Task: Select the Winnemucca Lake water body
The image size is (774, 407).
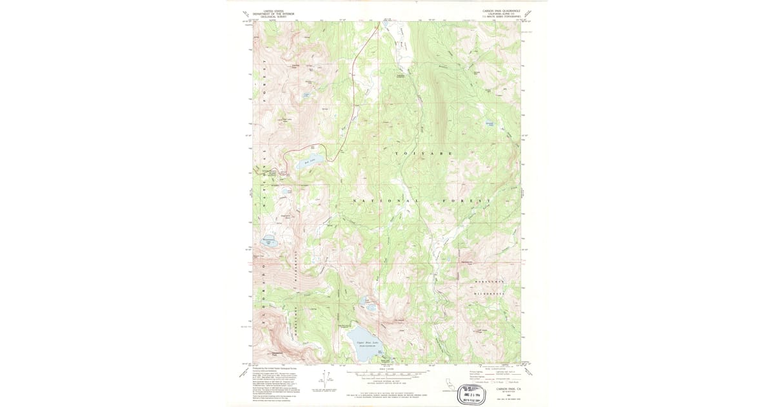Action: pos(269,243)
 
